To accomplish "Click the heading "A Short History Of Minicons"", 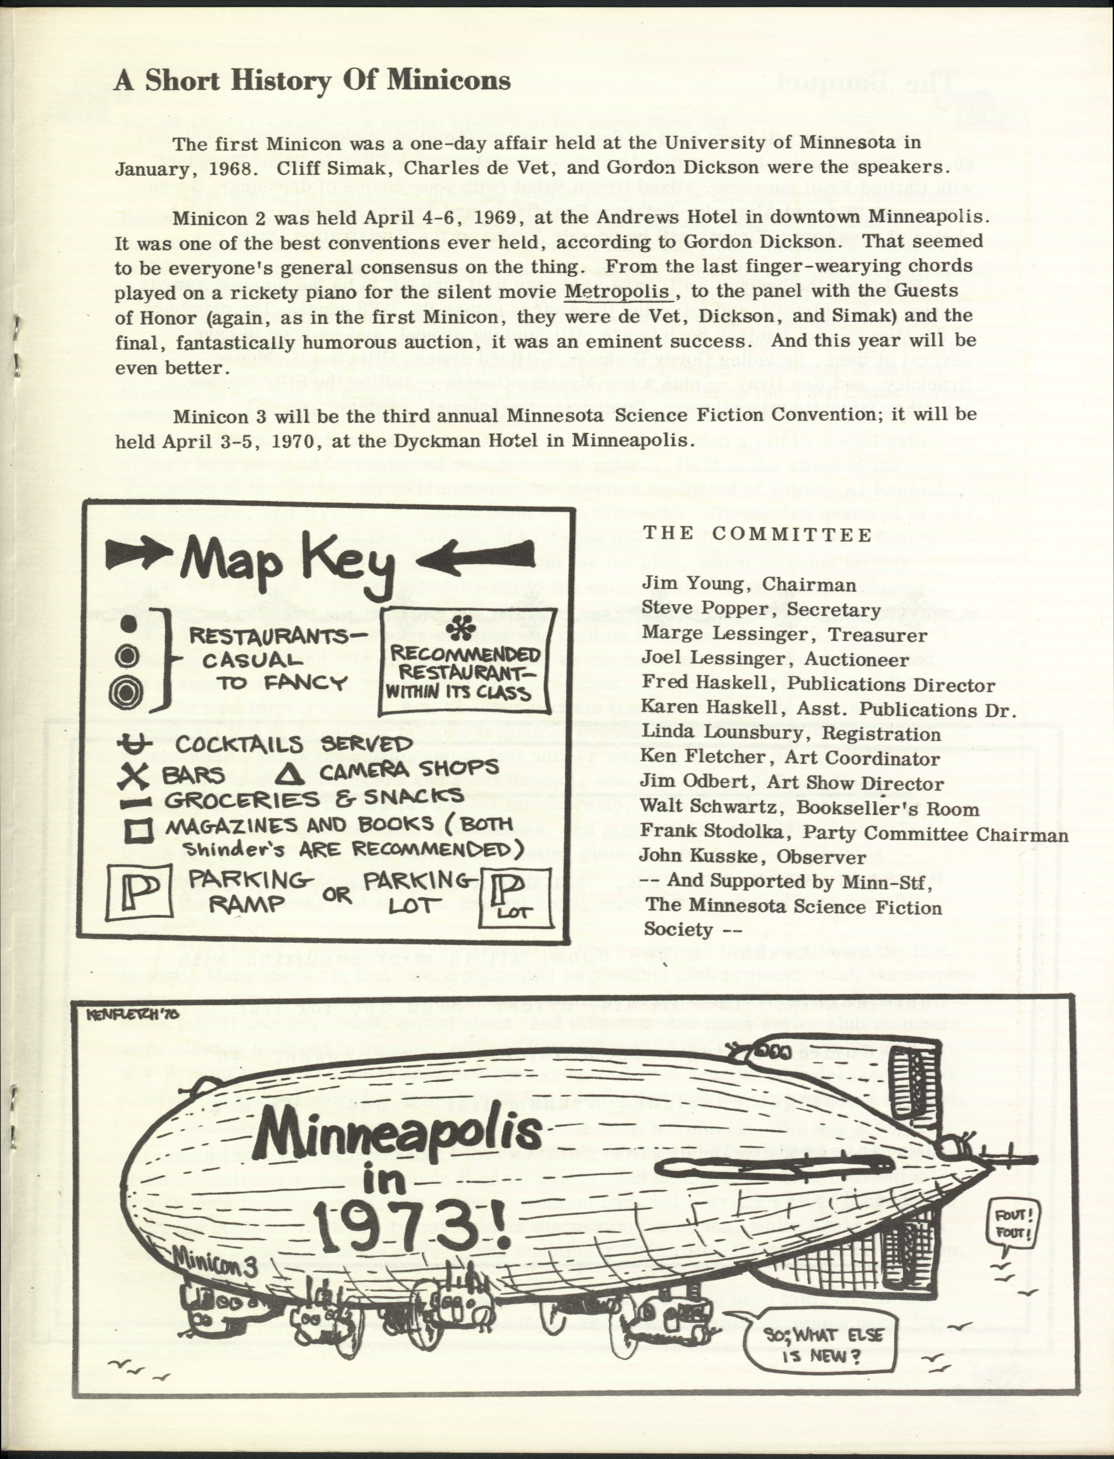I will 312,80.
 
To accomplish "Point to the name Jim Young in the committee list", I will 693,584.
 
